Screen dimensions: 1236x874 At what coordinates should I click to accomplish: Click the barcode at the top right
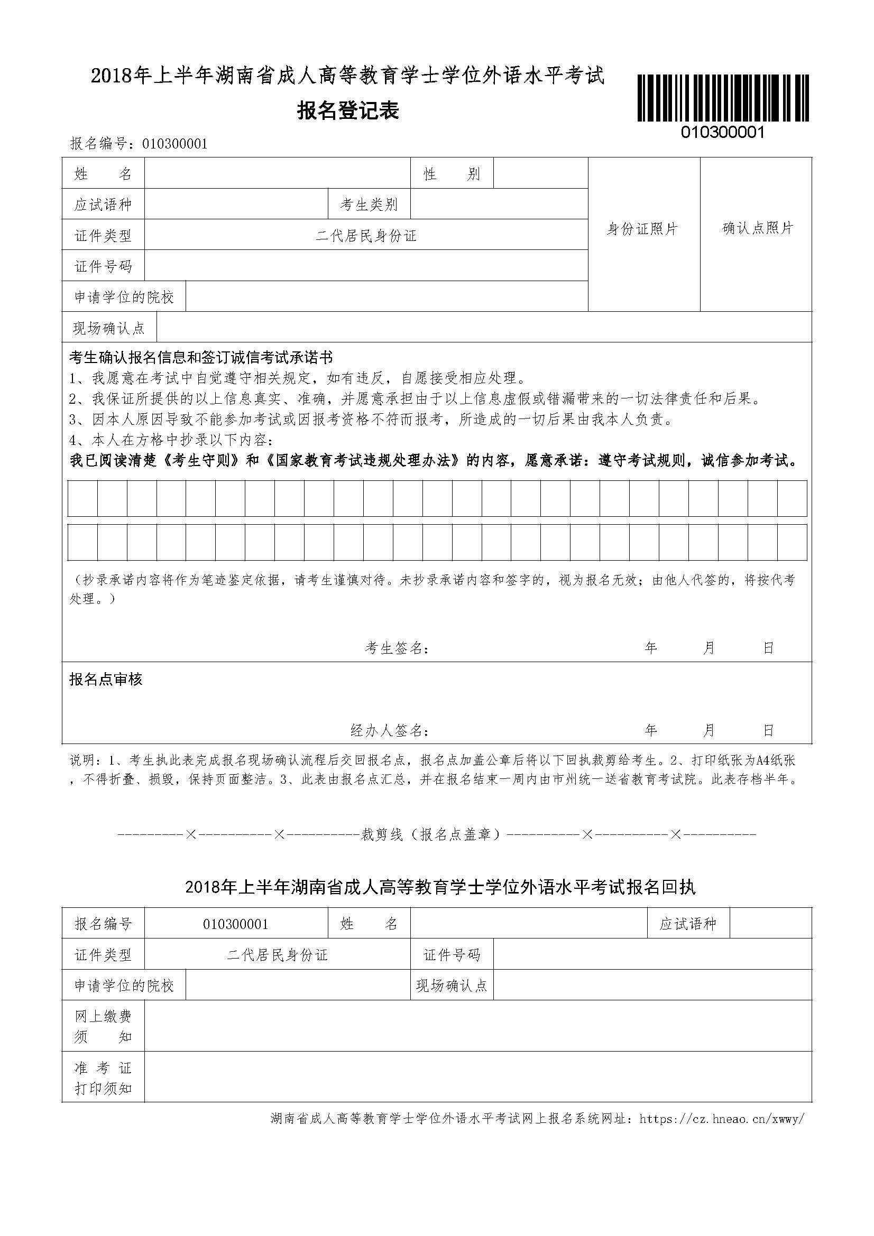(x=723, y=98)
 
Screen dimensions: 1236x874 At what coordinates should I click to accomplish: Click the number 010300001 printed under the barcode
(x=723, y=133)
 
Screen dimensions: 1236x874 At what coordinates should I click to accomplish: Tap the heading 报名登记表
(x=348, y=111)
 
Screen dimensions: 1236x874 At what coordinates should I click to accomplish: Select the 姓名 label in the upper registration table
(x=103, y=174)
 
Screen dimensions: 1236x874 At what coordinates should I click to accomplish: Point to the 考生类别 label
(x=369, y=205)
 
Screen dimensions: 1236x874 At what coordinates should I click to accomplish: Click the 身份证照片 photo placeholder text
(x=642, y=229)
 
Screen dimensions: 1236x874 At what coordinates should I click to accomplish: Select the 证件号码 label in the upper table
(x=103, y=266)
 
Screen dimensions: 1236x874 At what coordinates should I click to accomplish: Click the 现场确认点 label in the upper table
(x=109, y=328)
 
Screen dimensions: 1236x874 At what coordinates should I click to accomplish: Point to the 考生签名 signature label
(x=397, y=648)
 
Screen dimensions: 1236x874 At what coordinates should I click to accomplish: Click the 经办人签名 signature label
(x=389, y=730)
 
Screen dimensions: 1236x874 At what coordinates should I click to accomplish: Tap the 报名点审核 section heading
(x=106, y=680)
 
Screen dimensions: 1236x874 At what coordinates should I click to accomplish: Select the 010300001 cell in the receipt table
(x=236, y=924)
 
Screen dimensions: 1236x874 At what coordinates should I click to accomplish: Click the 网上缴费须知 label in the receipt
(x=103, y=1027)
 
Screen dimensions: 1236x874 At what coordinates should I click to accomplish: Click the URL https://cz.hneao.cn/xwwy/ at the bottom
(x=722, y=1119)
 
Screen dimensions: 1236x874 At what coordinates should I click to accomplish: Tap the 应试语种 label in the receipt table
(x=688, y=924)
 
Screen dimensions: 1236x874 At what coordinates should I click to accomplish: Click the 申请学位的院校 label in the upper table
(x=124, y=296)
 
